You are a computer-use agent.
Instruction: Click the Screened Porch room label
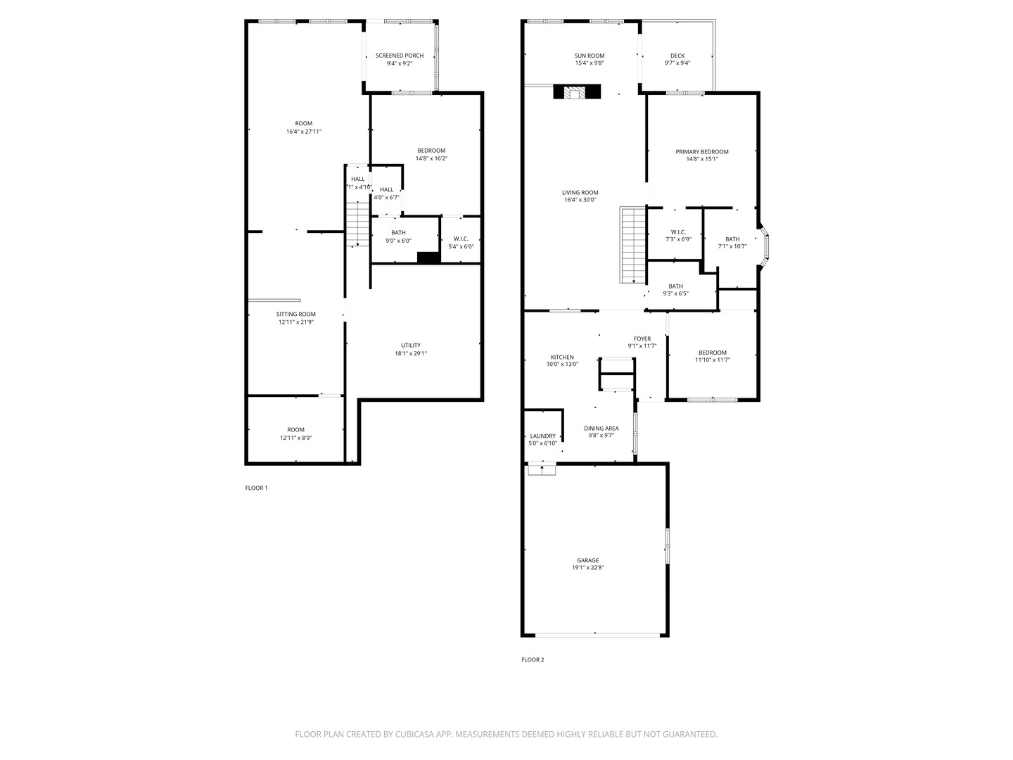pos(400,56)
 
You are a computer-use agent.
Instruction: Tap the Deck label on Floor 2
pos(677,56)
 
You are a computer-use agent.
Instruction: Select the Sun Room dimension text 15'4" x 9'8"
pos(590,63)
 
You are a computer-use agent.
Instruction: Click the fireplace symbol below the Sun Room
pos(577,92)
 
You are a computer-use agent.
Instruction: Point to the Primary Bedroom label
pos(702,151)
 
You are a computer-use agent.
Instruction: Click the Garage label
pos(588,560)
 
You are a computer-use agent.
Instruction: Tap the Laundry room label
pos(542,436)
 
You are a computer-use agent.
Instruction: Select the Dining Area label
pos(601,428)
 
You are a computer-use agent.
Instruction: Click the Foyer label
pos(642,338)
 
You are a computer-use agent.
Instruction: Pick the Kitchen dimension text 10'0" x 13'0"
pos(562,365)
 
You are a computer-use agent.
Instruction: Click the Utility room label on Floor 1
pos(411,346)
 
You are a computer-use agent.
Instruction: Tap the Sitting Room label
pos(295,315)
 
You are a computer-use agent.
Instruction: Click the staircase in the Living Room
pos(633,244)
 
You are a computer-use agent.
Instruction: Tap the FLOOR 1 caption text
pos(256,488)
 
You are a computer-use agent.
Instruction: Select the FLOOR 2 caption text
pos(533,659)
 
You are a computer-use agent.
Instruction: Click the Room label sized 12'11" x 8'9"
pos(295,430)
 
